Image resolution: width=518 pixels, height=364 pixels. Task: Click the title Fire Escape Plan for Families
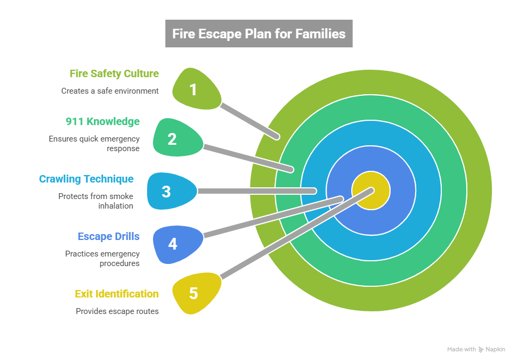pyautogui.click(x=258, y=34)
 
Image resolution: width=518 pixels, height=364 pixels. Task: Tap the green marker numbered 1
pyautogui.click(x=195, y=89)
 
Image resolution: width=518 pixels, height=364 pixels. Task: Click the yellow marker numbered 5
pyautogui.click(x=195, y=293)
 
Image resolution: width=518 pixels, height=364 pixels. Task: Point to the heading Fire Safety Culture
pyautogui.click(x=114, y=73)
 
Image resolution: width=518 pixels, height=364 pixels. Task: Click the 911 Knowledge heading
pyautogui.click(x=103, y=121)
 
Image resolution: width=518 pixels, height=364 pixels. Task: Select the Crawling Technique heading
pyautogui.click(x=86, y=179)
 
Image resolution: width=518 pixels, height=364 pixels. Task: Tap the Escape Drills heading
pyautogui.click(x=109, y=236)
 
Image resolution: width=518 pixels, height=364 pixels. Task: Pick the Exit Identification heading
pyautogui.click(x=117, y=294)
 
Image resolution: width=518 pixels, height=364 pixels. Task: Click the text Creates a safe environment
pyautogui.click(x=110, y=91)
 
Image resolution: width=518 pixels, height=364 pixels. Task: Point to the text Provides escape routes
pyautogui.click(x=117, y=311)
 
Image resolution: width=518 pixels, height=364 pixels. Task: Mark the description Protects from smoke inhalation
pyautogui.click(x=96, y=201)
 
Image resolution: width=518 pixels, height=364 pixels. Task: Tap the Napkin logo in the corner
pyautogui.click(x=492, y=350)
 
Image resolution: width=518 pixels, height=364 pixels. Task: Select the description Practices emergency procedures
pyautogui.click(x=103, y=259)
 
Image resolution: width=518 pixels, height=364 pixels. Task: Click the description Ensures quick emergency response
pyautogui.click(x=94, y=144)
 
